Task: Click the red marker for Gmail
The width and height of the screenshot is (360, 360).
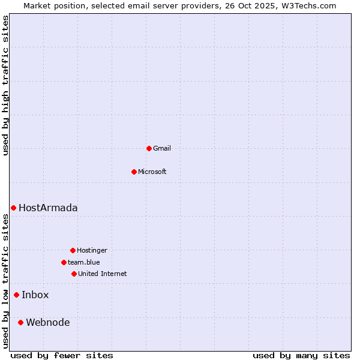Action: tap(149, 148)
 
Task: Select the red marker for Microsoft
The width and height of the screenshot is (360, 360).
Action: tap(134, 172)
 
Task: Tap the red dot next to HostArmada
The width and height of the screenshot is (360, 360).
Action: tap(13, 208)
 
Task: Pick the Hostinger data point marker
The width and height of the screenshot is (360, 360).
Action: tap(73, 250)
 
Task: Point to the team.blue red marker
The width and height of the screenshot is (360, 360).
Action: tap(64, 262)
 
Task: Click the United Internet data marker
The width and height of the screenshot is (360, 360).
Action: tap(74, 274)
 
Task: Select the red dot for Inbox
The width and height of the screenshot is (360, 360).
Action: tap(16, 295)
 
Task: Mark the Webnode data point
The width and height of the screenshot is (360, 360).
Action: tap(20, 322)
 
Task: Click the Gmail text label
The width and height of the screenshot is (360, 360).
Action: tap(162, 148)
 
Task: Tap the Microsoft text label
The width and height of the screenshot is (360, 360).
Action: tap(152, 172)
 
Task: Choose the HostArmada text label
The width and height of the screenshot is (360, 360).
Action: tap(48, 208)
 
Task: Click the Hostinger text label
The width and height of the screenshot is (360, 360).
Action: tap(92, 250)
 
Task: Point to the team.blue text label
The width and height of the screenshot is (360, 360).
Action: tap(84, 262)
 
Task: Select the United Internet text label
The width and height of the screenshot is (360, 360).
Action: tap(103, 274)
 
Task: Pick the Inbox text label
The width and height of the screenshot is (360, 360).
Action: tap(35, 295)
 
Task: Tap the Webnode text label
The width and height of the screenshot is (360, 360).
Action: tap(48, 322)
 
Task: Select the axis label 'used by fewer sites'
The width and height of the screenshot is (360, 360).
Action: tap(62, 355)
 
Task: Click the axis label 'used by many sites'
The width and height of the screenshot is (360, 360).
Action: tap(301, 355)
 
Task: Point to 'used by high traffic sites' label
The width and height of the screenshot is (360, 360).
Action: tap(6, 85)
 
